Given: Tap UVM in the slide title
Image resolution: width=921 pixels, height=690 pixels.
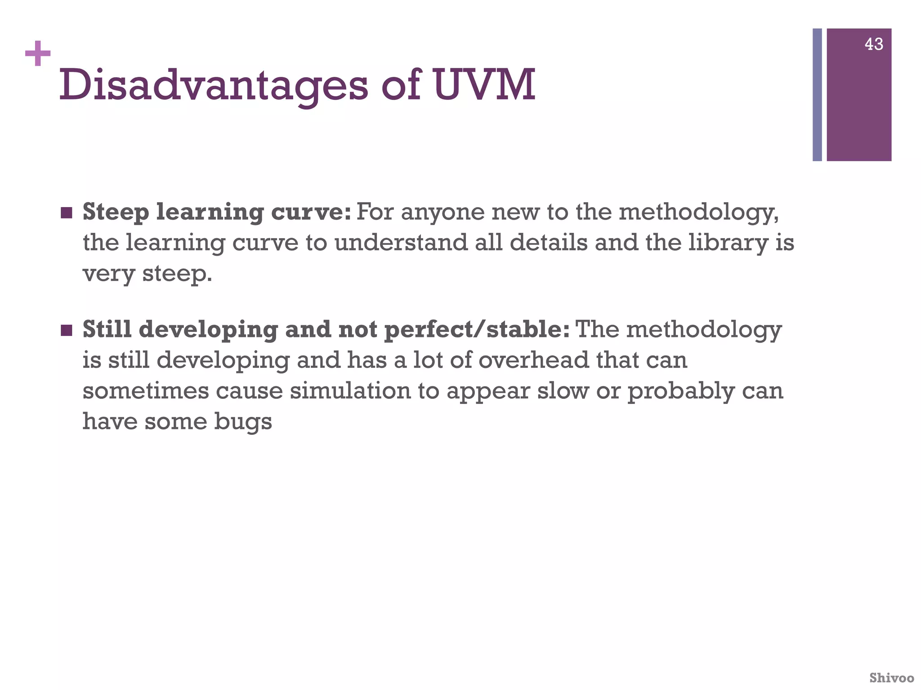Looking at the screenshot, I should click(484, 84).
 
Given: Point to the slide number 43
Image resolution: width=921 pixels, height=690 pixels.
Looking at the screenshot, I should click(874, 44).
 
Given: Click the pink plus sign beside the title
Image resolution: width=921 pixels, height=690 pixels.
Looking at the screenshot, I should click(38, 53).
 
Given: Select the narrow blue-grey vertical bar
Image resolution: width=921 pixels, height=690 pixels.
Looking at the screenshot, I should click(817, 95).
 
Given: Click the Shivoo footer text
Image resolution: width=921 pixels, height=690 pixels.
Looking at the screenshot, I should click(891, 677).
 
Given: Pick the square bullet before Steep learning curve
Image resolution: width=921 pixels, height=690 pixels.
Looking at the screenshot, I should click(66, 212).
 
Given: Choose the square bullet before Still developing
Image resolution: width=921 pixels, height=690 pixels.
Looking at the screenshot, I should click(66, 330).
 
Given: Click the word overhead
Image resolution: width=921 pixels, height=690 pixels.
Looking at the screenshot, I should click(533, 361).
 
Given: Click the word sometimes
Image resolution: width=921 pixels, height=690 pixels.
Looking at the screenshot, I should click(146, 391).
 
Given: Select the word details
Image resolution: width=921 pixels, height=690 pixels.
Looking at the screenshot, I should click(548, 243).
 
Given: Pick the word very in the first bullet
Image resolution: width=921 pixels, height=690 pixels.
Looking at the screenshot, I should click(108, 274).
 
